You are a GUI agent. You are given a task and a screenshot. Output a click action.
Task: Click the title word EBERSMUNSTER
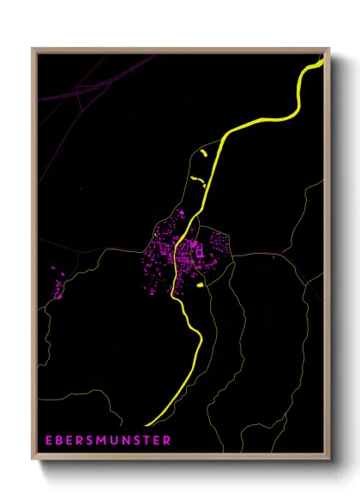[x=108, y=441]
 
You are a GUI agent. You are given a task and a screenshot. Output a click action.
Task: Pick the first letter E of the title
[x=50, y=441]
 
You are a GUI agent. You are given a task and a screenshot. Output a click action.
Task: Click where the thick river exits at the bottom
[x=147, y=424]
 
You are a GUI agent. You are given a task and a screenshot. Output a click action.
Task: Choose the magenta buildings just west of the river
[x=161, y=257]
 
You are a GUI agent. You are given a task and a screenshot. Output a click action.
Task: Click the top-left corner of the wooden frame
[x=33, y=50]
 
